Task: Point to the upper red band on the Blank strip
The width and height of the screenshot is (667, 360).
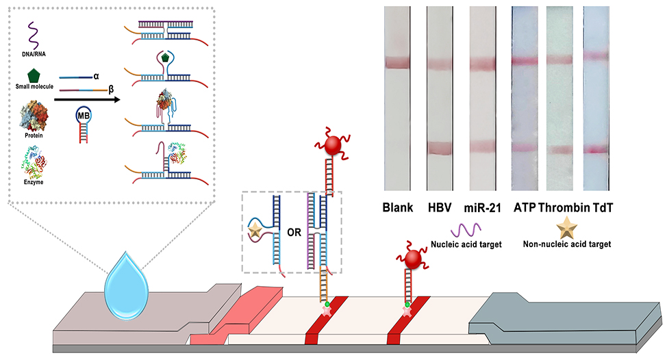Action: coord(397,63)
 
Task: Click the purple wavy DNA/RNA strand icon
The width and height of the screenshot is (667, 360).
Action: coord(32,36)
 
